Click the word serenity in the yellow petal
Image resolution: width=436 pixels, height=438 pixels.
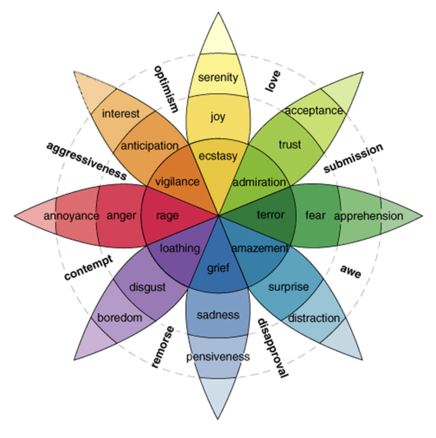pyautogui.click(x=218, y=77)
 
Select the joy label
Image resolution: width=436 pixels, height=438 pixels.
pyautogui.click(x=218, y=116)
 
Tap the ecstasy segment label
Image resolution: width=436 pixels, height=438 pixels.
pyautogui.click(x=218, y=156)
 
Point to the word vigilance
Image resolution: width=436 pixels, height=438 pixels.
pyautogui.click(x=177, y=182)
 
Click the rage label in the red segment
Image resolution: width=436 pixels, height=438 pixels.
pyautogui.click(x=167, y=216)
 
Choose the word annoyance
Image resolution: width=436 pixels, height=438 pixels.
pyautogui.click(x=71, y=216)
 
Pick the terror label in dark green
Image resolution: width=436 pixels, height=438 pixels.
pyautogui.click(x=270, y=215)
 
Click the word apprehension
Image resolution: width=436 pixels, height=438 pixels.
pyautogui.click(x=368, y=216)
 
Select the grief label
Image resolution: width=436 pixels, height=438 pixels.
pyautogui.click(x=218, y=268)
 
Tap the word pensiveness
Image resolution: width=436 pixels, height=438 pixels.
pyautogui.click(x=218, y=357)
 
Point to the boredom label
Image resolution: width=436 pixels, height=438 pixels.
pyautogui.click(x=119, y=318)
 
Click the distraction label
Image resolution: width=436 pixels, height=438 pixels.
pyautogui.click(x=314, y=318)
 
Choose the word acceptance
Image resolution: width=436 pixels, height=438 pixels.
pyautogui.click(x=314, y=111)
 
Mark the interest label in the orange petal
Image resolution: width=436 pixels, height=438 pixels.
pyautogui.click(x=120, y=113)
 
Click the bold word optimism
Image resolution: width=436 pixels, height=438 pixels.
pyautogui.click(x=166, y=89)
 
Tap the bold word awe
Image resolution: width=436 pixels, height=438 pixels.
pyautogui.click(x=350, y=271)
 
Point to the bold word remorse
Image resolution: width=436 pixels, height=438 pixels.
pyautogui.click(x=163, y=347)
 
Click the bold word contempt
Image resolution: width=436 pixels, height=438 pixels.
pyautogui.click(x=89, y=268)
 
